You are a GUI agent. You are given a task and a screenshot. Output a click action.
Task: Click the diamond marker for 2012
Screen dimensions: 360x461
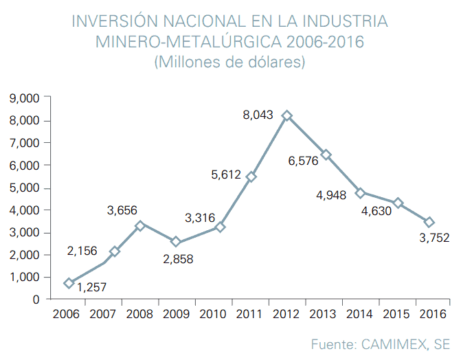pyautogui.click(x=287, y=116)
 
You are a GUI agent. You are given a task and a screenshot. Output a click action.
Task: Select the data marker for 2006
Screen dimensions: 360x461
pyautogui.click(x=69, y=283)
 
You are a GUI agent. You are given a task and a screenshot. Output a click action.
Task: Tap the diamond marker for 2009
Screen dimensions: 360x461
pyautogui.click(x=176, y=242)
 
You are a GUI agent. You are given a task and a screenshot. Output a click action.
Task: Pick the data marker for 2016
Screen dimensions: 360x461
pyautogui.click(x=429, y=222)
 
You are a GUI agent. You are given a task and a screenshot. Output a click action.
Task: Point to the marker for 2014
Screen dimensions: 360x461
pyautogui.click(x=360, y=193)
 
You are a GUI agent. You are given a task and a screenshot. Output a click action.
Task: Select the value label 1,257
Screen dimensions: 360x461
pyautogui.click(x=91, y=287)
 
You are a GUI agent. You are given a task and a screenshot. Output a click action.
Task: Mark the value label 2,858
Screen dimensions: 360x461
pyautogui.click(x=178, y=259)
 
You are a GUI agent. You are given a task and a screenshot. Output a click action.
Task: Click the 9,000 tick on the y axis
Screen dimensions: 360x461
pyautogui.click(x=24, y=99)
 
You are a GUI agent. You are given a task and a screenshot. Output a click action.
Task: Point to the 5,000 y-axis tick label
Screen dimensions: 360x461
pyautogui.click(x=24, y=188)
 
